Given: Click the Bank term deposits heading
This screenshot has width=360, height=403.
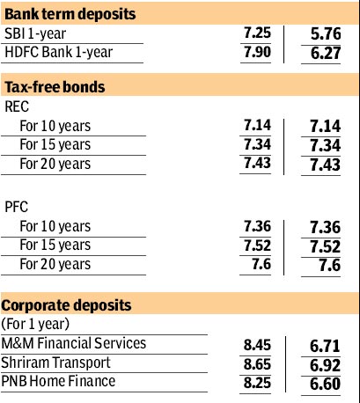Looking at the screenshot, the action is point(70,14).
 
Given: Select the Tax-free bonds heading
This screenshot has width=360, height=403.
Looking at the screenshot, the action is point(55,87).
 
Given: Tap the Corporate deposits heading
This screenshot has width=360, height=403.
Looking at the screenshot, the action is point(66,305).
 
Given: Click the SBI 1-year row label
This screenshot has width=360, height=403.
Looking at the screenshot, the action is point(35,33).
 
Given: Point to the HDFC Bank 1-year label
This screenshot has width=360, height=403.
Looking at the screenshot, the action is point(59,52).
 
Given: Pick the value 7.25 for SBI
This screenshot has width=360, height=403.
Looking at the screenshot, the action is point(257,33).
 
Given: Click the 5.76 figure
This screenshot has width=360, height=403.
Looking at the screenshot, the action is point(326,33).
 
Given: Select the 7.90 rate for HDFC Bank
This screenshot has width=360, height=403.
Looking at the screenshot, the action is point(257,52).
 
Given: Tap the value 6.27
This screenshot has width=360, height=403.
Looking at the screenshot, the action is point(326,53).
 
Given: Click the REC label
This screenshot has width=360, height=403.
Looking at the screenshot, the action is point(17,106).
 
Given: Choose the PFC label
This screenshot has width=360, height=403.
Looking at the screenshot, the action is point(17,207).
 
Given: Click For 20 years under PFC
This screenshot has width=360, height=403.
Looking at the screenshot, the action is point(55,264).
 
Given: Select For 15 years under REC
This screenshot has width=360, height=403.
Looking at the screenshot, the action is point(55,144).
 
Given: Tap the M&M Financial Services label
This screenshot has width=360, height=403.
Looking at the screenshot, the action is point(74,343).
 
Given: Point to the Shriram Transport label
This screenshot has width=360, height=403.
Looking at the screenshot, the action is point(55,363).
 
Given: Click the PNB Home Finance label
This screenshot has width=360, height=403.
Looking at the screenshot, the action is point(58,381).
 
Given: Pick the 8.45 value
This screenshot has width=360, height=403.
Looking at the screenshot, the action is point(257,345).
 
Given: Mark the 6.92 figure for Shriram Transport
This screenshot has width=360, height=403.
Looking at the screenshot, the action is point(325,365).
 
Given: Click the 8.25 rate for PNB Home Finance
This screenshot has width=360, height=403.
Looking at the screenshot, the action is point(257,383).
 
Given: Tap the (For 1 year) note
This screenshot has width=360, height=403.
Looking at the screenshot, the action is point(35,324).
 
